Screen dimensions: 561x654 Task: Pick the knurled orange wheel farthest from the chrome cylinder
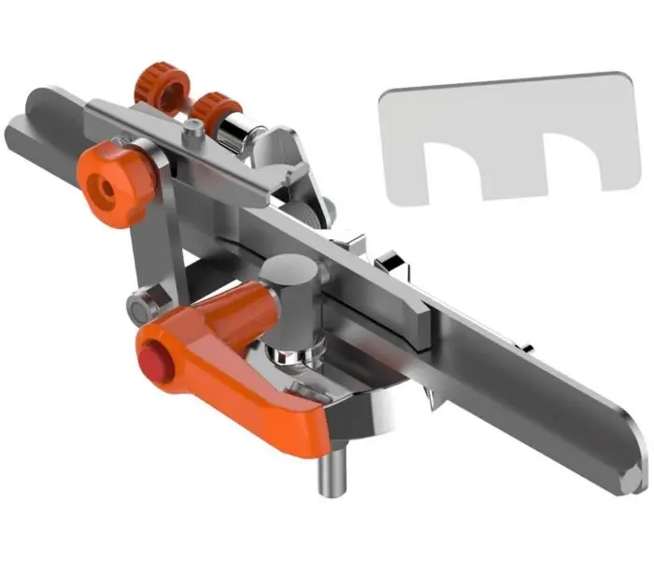click(x=158, y=85)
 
